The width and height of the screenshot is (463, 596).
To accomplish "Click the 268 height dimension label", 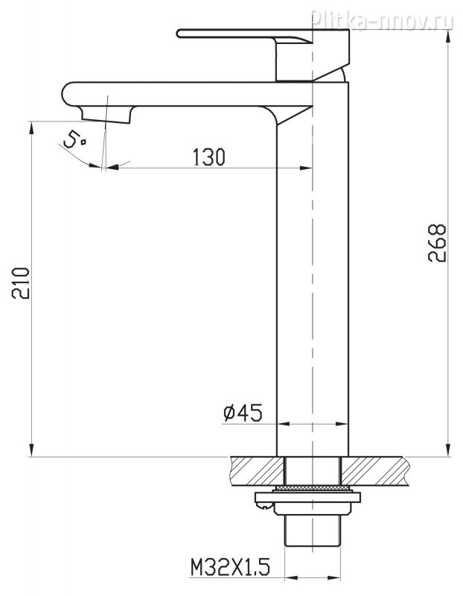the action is click(x=437, y=244).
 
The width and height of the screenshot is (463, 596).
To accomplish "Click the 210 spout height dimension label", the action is click(x=21, y=283).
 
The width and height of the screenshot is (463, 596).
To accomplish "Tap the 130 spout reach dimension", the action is click(x=209, y=157).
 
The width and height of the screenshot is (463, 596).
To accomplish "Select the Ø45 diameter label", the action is click(x=243, y=413).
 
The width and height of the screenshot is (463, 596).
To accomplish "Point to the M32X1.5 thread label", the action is click(x=230, y=568).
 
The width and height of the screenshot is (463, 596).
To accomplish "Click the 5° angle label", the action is click(x=74, y=139).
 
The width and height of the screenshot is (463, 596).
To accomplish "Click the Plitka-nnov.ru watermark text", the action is click(x=382, y=20).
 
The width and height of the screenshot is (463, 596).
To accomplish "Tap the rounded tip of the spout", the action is click(x=66, y=94).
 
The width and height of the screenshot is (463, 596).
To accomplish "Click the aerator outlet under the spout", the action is click(x=106, y=115).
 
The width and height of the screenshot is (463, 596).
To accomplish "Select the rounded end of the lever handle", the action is click(x=179, y=34).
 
